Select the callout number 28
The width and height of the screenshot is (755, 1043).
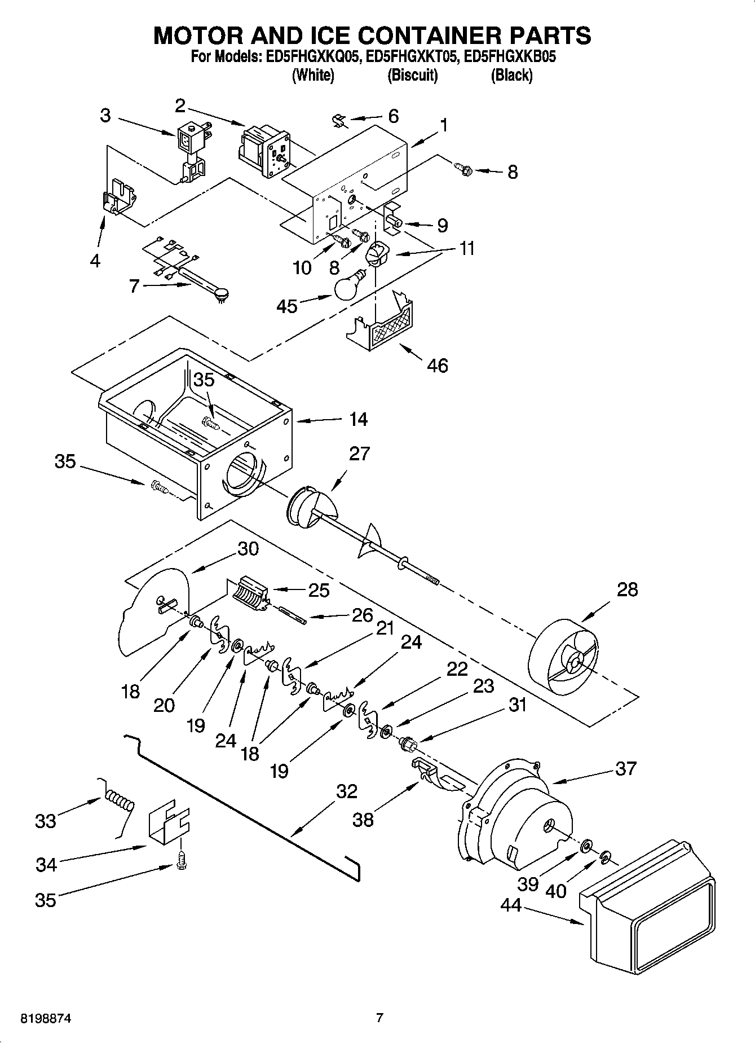(627, 589)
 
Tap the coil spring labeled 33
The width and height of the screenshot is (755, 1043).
(119, 802)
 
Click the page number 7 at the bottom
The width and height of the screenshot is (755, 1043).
(379, 1018)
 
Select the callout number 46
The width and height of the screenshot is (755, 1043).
(438, 366)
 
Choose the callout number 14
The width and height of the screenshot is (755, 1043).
(358, 419)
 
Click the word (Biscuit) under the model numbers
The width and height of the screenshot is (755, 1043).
(412, 76)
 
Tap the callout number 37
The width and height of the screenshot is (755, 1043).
(625, 768)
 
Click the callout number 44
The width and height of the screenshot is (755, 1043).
(512, 905)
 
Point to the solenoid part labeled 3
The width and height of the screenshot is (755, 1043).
(191, 150)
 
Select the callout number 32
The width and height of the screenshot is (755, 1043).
(346, 791)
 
